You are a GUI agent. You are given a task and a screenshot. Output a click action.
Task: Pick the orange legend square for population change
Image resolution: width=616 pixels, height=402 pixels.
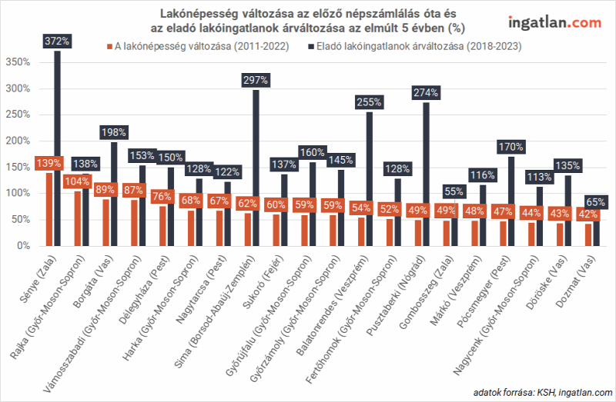pyautogui.click(x=109, y=47)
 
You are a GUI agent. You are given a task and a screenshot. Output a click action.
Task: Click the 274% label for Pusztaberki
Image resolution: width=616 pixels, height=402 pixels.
pyautogui.click(x=425, y=93)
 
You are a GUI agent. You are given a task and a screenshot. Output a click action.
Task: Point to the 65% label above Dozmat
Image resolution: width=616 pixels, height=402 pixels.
pyautogui.click(x=594, y=202)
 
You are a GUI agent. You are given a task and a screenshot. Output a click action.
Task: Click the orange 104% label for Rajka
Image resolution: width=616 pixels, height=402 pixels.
pyautogui.click(x=77, y=182)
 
